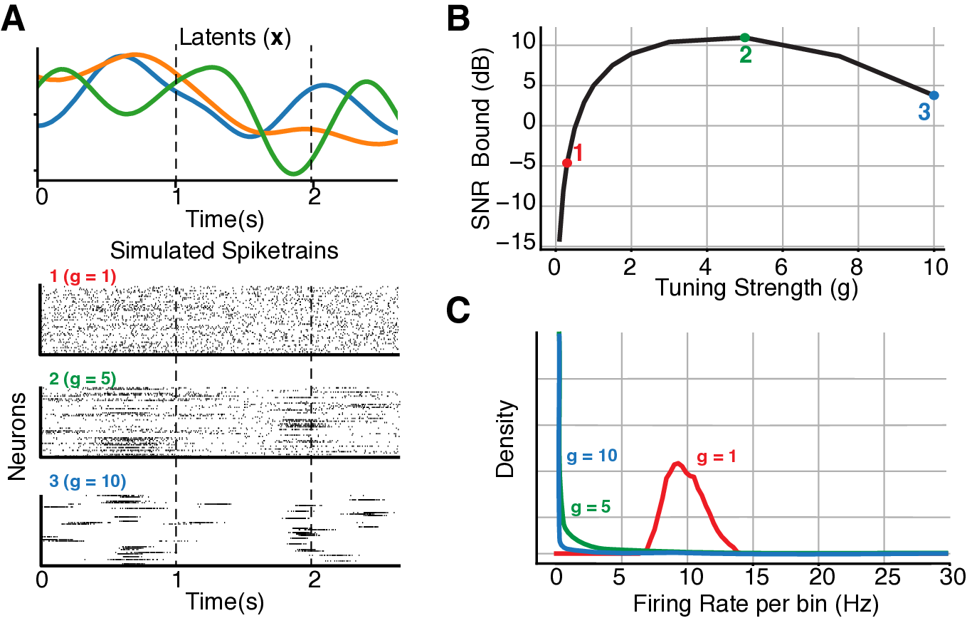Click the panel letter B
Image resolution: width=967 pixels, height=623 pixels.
457,20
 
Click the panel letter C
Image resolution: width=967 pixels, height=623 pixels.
458,310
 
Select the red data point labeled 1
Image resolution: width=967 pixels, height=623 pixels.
567,163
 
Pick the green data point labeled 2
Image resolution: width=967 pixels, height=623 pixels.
744,38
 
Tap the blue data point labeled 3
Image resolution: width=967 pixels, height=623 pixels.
934,95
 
